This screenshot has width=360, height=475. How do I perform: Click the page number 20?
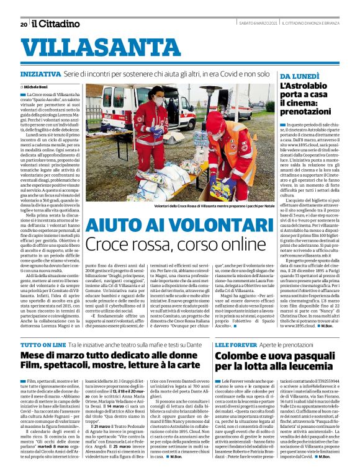[x=24, y=25]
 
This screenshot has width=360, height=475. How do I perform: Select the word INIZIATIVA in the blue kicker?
[x=40, y=73]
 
